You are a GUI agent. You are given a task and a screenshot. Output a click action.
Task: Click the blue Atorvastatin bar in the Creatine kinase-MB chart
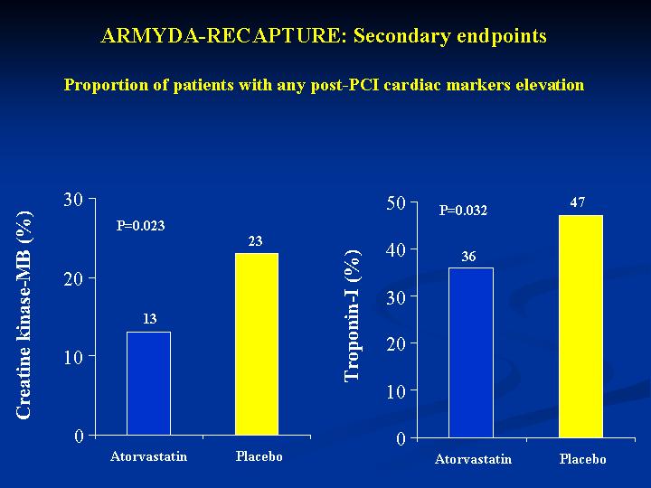tap(148, 383)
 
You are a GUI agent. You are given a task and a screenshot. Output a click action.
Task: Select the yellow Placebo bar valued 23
tap(257, 344)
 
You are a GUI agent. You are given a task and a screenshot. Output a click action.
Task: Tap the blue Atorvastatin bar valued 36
tap(471, 352)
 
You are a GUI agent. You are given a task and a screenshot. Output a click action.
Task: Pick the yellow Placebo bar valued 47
tap(580, 326)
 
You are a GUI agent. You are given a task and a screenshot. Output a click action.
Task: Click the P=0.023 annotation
tap(140, 226)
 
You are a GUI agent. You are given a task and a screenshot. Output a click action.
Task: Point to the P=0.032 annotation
tap(463, 211)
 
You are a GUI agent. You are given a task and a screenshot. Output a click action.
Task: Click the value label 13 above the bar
tap(149, 319)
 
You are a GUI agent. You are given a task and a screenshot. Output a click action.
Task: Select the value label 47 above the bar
tap(578, 202)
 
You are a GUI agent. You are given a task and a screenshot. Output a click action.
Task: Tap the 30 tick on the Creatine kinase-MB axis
tap(73, 199)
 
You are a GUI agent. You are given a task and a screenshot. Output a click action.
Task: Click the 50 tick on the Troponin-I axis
tap(396, 203)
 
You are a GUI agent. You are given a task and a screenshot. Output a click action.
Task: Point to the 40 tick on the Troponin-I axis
tap(396, 249)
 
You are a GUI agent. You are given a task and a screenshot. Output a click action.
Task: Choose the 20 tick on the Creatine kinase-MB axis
tap(73, 278)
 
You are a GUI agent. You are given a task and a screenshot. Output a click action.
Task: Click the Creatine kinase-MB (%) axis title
tap(24, 315)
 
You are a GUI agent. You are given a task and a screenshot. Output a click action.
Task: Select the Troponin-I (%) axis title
tap(353, 315)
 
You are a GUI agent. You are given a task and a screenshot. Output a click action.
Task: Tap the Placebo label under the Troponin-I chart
tap(582, 459)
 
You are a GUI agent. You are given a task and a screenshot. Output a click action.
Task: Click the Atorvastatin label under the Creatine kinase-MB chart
tap(148, 456)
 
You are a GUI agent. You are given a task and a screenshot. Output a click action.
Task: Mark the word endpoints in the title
tap(502, 36)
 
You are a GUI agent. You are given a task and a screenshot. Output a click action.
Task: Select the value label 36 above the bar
tap(468, 257)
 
